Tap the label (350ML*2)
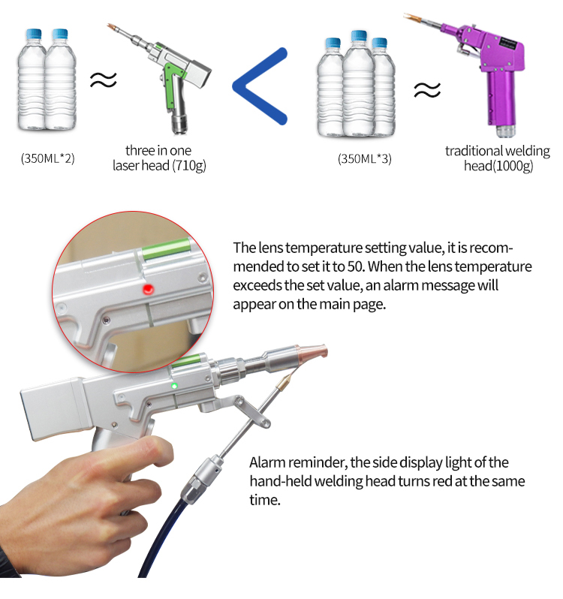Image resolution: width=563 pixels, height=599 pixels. pyautogui.click(x=47, y=158)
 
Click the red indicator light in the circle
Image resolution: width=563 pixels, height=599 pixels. pyautogui.click(x=148, y=288)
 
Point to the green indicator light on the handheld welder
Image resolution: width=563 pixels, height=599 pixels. pyautogui.click(x=174, y=386)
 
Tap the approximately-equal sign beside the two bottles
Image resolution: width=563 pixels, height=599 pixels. pyautogui.click(x=104, y=79)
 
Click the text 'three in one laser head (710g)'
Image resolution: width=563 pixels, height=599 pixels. pyautogui.click(x=158, y=158)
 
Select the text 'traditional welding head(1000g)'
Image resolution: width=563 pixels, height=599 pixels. pyautogui.click(x=497, y=158)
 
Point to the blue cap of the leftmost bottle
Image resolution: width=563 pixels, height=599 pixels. pyautogui.click(x=32, y=34)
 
